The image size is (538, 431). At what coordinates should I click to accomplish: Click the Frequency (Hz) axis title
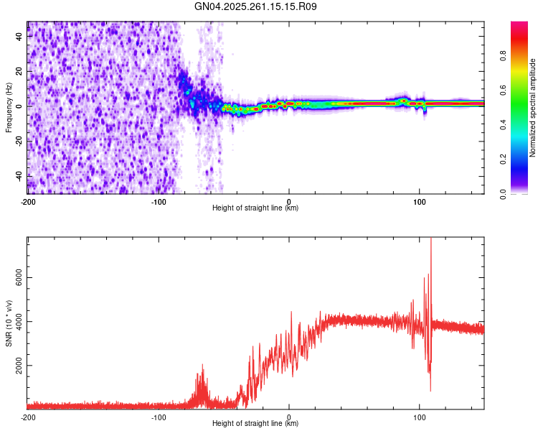coord(9,107)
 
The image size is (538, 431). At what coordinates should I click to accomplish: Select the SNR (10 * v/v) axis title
coord(9,323)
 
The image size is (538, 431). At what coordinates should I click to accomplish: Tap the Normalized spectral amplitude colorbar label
coord(532,108)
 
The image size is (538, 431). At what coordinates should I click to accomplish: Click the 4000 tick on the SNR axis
coord(14,322)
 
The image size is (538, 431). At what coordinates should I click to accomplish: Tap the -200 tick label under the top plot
coord(27,201)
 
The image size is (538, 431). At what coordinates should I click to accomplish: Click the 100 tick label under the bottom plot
coord(420,417)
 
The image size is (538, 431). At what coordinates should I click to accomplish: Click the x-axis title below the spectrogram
coord(255,208)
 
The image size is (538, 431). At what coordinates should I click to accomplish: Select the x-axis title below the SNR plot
coord(255,424)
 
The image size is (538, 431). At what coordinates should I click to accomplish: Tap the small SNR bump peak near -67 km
coord(203,366)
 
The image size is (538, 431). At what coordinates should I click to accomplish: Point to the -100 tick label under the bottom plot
coord(159,417)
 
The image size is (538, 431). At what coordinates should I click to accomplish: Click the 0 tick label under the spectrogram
coord(289,201)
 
